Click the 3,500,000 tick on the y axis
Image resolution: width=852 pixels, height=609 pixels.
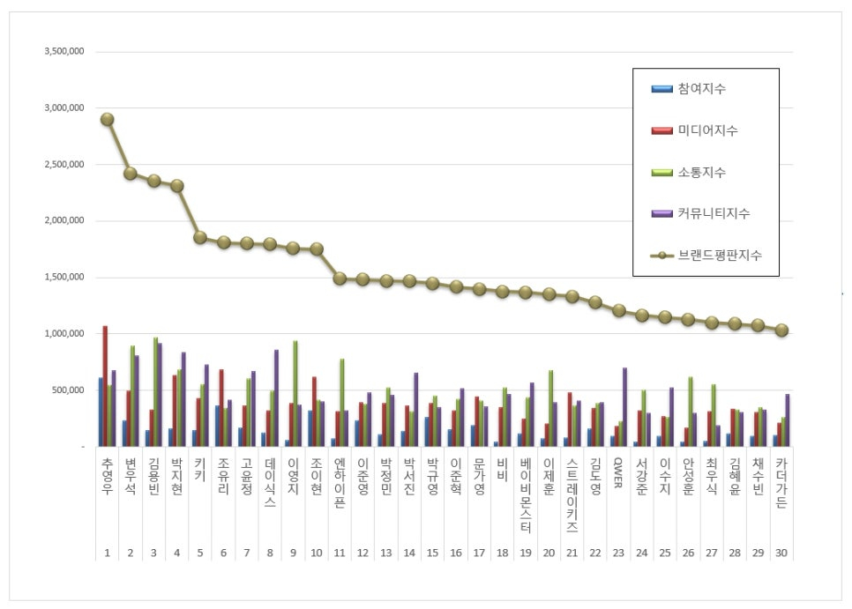(64, 52)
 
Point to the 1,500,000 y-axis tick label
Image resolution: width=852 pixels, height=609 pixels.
(64, 278)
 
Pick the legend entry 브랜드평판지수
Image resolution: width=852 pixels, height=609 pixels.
(719, 256)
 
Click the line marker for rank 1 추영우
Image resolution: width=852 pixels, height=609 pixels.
(107, 119)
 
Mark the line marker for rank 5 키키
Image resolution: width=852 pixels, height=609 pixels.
(200, 237)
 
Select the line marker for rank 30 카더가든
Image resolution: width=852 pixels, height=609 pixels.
(781, 330)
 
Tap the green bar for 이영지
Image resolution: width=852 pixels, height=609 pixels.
(295, 393)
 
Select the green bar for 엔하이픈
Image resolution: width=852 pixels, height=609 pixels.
(341, 402)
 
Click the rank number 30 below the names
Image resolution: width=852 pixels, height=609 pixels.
(781, 553)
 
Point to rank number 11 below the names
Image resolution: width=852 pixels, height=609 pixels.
(340, 553)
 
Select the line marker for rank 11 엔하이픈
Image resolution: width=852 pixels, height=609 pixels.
(340, 279)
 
